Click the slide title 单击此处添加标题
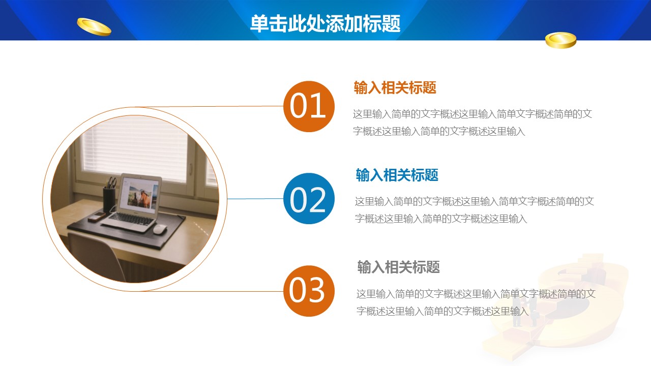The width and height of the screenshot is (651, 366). tap(325, 23)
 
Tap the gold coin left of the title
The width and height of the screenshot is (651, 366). tap(94, 27)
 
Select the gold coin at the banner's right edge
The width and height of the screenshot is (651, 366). tap(560, 40)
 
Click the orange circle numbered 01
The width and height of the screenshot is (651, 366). tap(309, 106)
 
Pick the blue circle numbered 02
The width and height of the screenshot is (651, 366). tap(309, 199)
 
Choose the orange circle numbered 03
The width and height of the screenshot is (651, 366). tap(309, 291)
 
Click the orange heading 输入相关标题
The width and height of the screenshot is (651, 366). tap(395, 87)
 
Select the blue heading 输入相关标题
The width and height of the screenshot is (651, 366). tap(397, 175)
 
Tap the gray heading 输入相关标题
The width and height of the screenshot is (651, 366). tap(398, 267)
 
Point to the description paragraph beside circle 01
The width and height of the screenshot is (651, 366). tap(472, 123)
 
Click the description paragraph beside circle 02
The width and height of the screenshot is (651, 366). tap(475, 210)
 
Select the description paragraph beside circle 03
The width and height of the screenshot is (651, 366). tap(476, 302)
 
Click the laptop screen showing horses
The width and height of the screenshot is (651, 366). tap(139, 194)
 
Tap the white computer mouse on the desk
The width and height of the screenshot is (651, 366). tap(160, 229)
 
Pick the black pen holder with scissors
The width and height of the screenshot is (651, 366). tap(109, 196)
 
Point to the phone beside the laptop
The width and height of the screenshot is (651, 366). tap(96, 217)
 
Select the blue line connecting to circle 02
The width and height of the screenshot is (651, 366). tap(255, 199)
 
